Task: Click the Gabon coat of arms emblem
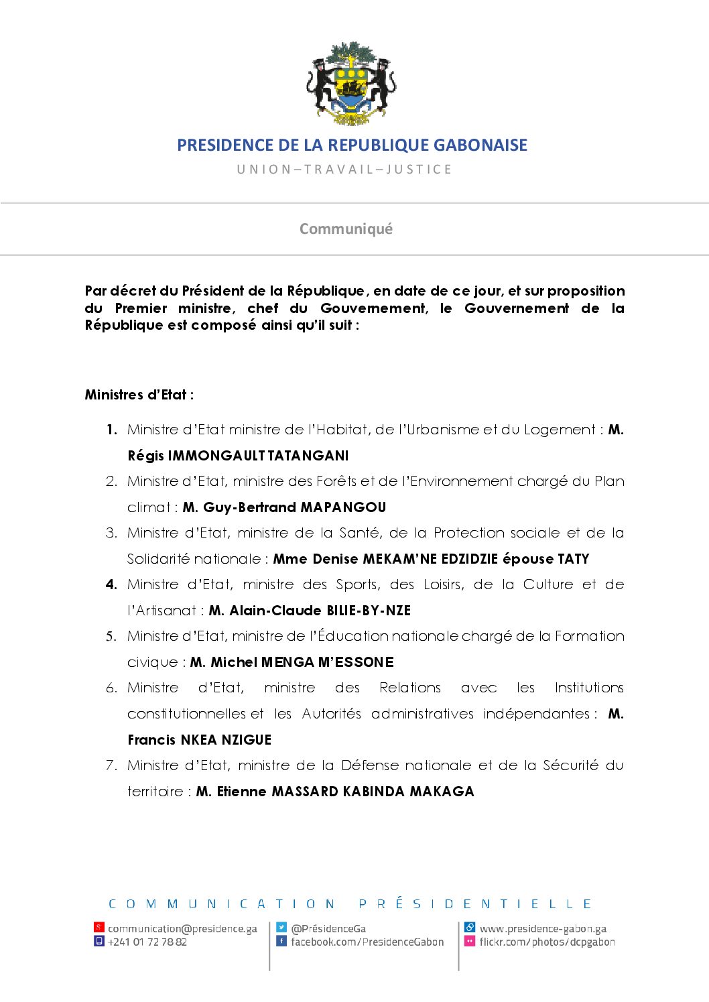[351, 84]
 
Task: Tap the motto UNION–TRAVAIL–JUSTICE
[344, 170]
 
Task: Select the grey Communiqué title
[346, 229]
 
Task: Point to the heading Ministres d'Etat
[139, 395]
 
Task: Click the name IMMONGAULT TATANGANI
[258, 456]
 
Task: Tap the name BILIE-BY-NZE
[369, 611]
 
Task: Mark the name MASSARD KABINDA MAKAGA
[373, 792]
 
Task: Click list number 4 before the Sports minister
[111, 585]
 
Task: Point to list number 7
[111, 765]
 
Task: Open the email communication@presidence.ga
[182, 929]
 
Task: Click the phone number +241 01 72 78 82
[147, 942]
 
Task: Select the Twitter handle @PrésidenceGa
[328, 929]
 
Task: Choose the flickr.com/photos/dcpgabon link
[547, 942]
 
